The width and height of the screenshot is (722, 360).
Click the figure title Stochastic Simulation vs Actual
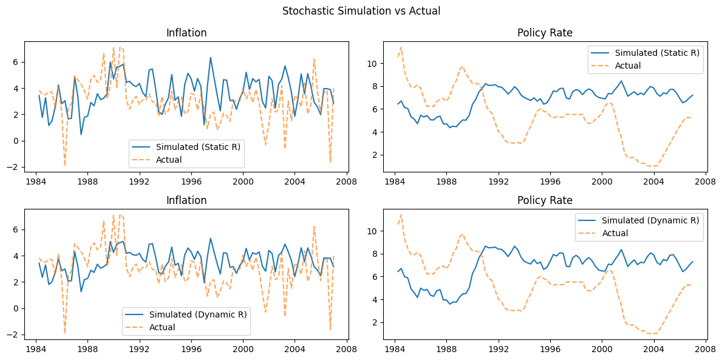pyautogui.click(x=361, y=10)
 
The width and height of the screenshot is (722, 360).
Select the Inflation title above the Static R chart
pyautogui.click(x=186, y=33)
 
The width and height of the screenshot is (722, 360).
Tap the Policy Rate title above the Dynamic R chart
pyautogui.click(x=545, y=200)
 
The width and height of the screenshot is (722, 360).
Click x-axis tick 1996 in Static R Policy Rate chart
pyautogui.click(x=550, y=181)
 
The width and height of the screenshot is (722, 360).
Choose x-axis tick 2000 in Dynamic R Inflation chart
pyautogui.click(x=243, y=348)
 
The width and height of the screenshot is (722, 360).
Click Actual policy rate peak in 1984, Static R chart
pyautogui.click(x=401, y=47)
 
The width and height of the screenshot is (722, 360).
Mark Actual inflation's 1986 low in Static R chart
pyautogui.click(x=65, y=165)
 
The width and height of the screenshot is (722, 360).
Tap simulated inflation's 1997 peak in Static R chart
pyautogui.click(x=211, y=58)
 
